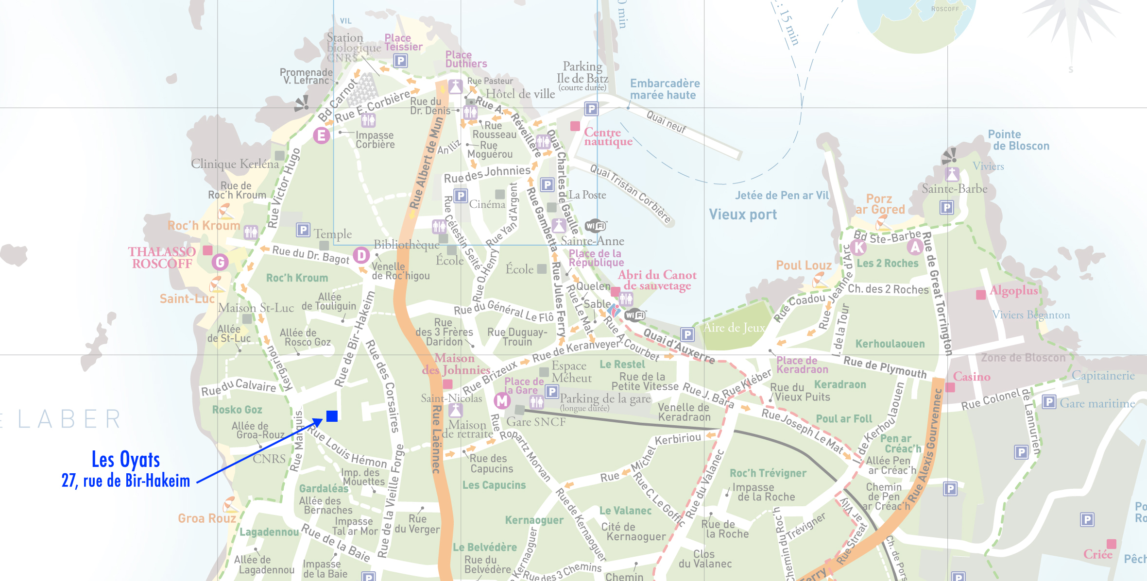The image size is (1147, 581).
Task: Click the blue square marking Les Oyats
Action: coord(332,416)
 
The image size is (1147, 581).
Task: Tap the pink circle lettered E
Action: coord(321,135)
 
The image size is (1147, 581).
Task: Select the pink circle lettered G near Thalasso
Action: coord(220,262)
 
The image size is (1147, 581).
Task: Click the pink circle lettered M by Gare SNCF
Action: coord(502,401)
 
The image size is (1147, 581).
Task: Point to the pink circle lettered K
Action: coord(859,248)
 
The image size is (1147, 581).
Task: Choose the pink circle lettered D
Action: coord(361,255)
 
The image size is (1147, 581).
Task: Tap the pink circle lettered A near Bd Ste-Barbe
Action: coord(915,247)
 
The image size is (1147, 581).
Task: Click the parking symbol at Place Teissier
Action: coord(400,61)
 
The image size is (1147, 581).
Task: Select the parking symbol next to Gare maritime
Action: coord(1049,402)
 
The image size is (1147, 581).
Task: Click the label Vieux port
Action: coord(742,215)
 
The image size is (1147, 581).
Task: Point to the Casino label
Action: coord(971,377)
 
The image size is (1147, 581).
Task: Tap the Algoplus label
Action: coord(1014,291)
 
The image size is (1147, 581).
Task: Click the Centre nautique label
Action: coord(608,137)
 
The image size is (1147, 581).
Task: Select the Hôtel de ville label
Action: coord(520,94)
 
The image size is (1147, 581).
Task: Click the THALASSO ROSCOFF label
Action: coord(162,258)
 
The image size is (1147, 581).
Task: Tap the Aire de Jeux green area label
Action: coord(734,328)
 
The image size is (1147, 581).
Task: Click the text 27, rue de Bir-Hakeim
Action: coord(126,481)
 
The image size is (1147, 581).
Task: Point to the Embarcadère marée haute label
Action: coord(665,89)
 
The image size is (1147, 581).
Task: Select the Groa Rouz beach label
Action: coord(207,518)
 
